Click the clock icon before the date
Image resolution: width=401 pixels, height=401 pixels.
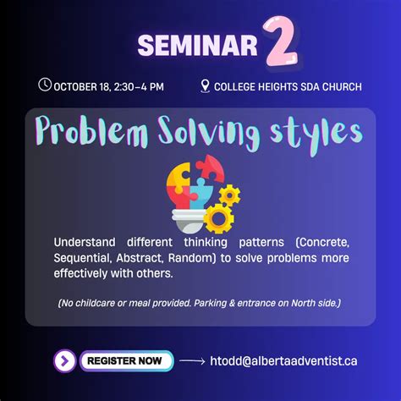point(45,85)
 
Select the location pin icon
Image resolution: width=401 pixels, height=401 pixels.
point(206,85)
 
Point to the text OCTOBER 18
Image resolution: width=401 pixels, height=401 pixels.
point(82,86)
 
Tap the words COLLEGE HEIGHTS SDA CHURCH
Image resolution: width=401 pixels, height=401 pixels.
point(288,86)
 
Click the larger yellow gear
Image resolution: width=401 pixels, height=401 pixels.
point(219,218)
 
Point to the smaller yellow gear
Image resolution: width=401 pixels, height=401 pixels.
point(229,195)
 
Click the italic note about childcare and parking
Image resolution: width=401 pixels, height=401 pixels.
point(200,303)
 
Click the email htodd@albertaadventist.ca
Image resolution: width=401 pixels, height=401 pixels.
point(283,361)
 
